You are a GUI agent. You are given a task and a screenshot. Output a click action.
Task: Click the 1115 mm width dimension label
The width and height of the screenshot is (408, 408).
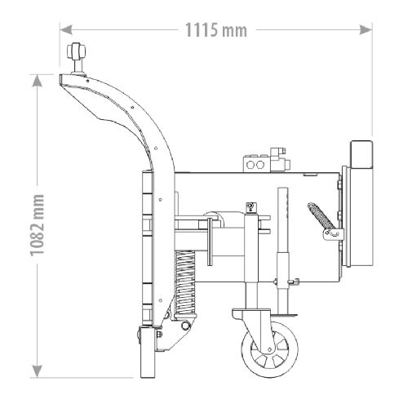pos(216,30)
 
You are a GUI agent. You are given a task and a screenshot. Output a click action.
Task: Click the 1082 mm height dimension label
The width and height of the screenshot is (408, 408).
pos(37,225)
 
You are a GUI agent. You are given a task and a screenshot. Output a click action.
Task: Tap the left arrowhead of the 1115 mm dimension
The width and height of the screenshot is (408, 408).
pos(66,29)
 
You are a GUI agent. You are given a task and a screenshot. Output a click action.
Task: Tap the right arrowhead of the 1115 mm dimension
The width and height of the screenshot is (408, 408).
pos(366,29)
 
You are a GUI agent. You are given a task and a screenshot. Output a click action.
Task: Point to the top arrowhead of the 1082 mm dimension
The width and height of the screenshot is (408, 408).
pos(37,81)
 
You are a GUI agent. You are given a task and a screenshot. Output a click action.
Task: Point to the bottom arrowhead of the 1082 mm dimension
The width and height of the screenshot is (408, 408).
pos(37,371)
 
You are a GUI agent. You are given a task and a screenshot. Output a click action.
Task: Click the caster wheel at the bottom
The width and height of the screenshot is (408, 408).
pos(269,350)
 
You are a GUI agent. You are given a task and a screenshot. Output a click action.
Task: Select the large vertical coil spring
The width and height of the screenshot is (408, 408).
pos(185,283)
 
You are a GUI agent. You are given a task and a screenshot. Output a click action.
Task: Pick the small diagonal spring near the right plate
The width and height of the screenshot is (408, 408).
pos(322,216)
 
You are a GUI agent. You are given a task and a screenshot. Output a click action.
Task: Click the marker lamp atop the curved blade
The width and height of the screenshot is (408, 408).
pos(77,58)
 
